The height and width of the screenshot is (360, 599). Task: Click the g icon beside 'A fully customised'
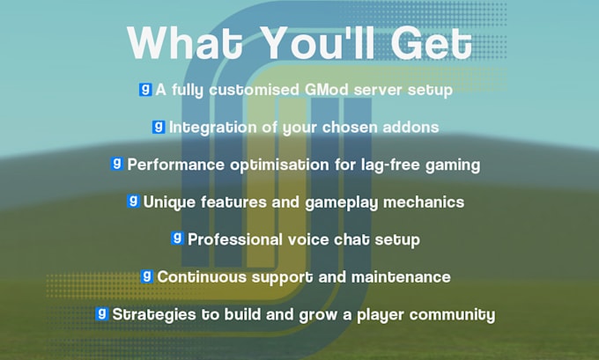point(145,89)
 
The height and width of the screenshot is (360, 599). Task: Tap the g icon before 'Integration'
point(159,127)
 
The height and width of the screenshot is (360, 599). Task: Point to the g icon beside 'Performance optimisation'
point(116,164)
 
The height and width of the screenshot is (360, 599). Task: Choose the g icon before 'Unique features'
point(133,201)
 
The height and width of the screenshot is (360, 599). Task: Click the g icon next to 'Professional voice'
point(177,238)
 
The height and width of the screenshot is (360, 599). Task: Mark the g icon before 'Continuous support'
point(146,276)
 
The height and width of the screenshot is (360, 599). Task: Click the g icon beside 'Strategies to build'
point(102,313)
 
